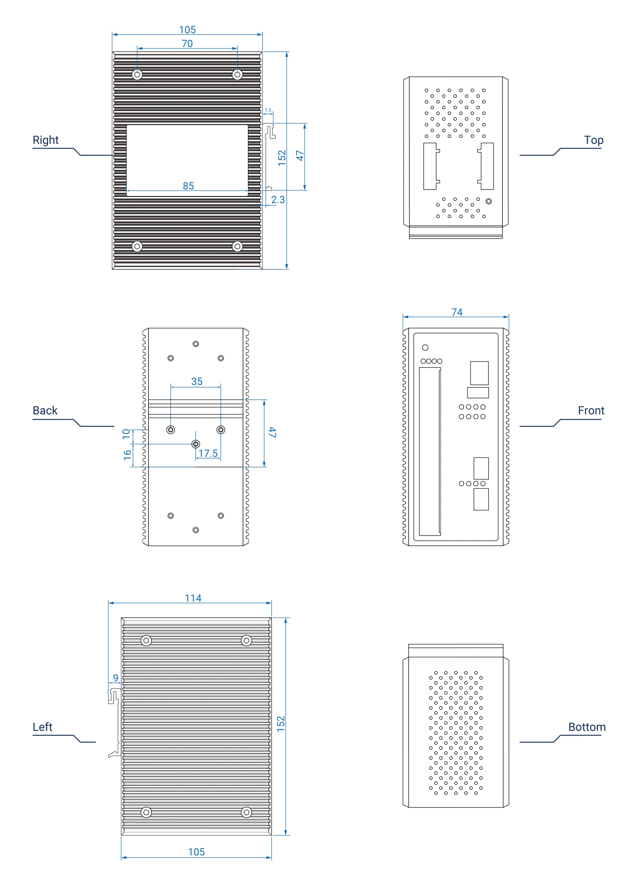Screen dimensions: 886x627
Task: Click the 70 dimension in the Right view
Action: coord(187,44)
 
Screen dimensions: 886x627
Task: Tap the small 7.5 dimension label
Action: coord(267,110)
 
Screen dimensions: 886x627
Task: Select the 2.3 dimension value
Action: coord(278,200)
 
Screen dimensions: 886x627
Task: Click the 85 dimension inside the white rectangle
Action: coord(188,186)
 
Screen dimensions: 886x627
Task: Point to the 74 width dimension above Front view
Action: coord(457,312)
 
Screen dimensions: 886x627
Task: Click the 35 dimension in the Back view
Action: coord(197,381)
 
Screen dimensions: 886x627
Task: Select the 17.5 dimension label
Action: coord(208,453)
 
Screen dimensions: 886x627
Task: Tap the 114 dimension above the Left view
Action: coord(193,598)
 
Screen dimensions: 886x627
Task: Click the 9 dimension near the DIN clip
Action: coord(116,678)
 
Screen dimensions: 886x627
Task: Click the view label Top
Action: coord(593,140)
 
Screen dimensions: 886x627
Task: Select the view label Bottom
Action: coord(587,727)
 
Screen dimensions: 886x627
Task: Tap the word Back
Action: coord(45,411)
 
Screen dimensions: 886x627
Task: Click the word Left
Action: coord(43,727)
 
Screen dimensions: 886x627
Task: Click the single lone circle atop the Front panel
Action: coord(425,347)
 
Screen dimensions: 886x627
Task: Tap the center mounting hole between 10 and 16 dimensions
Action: coord(196,444)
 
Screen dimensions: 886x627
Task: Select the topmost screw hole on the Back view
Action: coord(196,344)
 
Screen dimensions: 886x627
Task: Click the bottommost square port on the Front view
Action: coord(481,499)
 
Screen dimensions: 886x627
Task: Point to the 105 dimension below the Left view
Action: coord(196,852)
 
